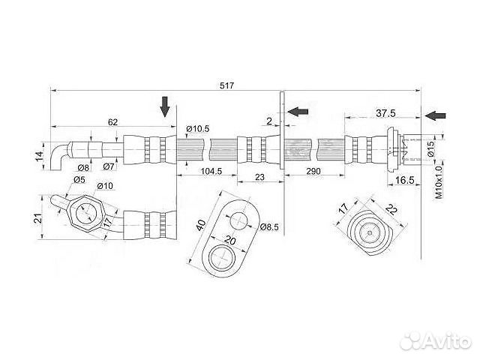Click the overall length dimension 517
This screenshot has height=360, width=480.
click(x=226, y=85)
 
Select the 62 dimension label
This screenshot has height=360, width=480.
click(x=112, y=121)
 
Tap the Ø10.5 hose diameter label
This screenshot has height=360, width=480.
click(x=198, y=129)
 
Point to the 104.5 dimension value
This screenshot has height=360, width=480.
click(x=211, y=171)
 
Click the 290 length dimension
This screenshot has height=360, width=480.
click(x=313, y=171)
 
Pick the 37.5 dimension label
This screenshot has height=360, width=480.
click(x=385, y=113)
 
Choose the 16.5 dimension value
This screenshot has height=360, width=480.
click(x=404, y=180)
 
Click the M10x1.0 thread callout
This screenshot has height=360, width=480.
click(x=439, y=182)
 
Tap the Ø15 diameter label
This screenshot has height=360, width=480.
click(x=430, y=149)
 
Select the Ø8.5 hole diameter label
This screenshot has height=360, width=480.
click(x=269, y=226)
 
